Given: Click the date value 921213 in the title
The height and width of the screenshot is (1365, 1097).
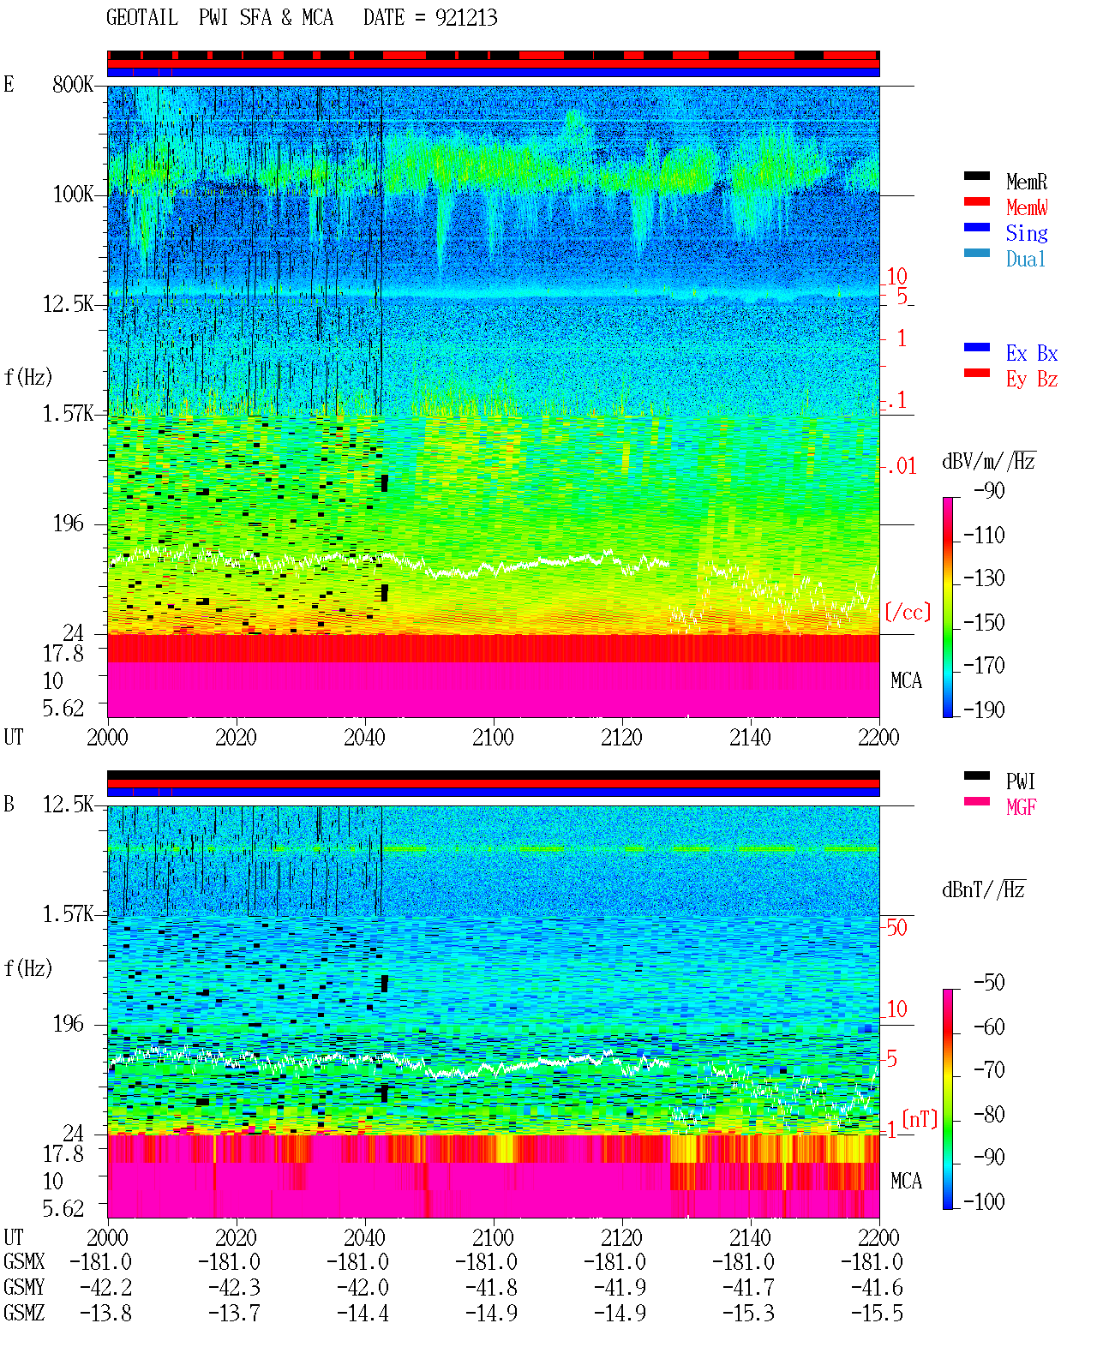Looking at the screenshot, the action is pos(465,18).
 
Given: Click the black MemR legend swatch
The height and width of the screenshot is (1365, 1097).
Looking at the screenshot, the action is pos(976,176).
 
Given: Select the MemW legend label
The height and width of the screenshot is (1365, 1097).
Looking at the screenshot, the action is pos(1027,207).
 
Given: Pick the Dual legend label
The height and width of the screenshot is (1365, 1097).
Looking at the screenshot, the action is pos(1025,259).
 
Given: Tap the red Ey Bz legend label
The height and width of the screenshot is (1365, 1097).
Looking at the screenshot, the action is pos(1031,379).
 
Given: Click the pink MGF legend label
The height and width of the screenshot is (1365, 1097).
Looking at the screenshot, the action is pos(1021,807).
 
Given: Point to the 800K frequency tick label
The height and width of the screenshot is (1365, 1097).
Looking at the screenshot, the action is pos(73,84).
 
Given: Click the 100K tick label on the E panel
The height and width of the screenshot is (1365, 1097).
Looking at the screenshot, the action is pos(73,195).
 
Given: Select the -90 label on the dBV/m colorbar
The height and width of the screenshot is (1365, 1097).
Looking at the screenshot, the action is pos(989,490).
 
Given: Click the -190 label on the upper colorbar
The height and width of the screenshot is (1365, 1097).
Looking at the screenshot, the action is pos(984,709).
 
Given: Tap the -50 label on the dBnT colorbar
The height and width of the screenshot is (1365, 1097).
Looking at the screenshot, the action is pos(989,982).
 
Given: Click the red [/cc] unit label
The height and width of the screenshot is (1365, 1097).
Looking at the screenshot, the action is pos(908,612).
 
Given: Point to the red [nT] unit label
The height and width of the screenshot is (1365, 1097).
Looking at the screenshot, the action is pos(920,1118).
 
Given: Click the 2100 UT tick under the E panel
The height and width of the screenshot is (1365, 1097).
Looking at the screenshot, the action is pos(493,737).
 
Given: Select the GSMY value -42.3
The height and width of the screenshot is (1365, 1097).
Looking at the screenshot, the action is pos(235,1288).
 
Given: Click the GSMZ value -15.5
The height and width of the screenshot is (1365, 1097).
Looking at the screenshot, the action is pos(877,1313).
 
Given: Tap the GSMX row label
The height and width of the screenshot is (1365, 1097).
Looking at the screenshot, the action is pos(24,1261).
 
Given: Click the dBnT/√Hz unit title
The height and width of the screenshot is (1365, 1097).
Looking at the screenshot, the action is pos(984,889).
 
